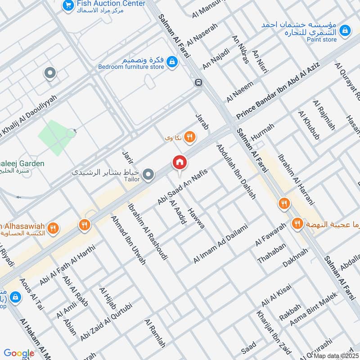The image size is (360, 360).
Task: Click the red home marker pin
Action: (x=179, y=162)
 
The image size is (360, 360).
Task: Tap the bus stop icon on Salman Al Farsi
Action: (x=198, y=82)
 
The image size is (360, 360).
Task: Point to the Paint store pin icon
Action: (x=345, y=30)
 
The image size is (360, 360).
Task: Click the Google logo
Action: (x=19, y=353)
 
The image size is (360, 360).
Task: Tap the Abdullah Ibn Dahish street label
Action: (x=236, y=171)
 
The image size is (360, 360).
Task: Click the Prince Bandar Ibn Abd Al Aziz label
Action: (x=278, y=88)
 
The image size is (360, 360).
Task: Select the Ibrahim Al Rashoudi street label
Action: (x=148, y=231)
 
